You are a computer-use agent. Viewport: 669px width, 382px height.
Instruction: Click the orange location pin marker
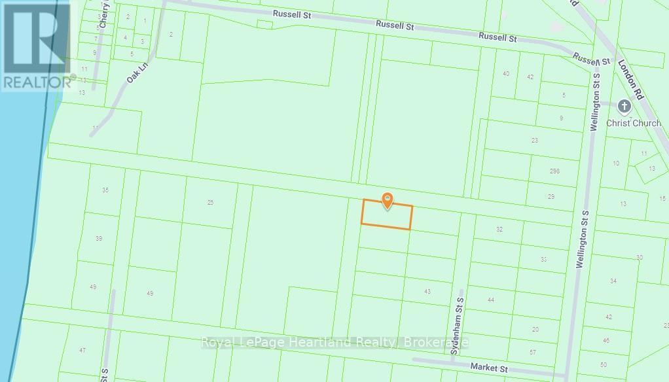coord(388,200)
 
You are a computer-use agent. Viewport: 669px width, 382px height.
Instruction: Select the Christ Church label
coord(633,123)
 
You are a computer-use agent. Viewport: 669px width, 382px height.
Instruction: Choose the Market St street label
coord(489,369)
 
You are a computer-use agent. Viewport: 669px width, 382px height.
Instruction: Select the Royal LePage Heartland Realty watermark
coord(334,342)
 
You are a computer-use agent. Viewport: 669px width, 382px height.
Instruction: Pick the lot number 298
coord(555,171)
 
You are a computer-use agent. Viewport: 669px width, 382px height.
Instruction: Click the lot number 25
coord(210,203)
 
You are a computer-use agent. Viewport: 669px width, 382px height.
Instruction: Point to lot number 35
coord(105,190)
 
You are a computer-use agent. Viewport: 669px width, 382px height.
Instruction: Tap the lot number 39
coord(99,239)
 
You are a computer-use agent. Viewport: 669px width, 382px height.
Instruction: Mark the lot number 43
coord(427,292)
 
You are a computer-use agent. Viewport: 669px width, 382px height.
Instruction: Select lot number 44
coord(490,300)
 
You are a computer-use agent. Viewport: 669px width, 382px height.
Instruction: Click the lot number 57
coord(533,353)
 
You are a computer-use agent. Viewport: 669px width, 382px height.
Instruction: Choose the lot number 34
coord(613,281)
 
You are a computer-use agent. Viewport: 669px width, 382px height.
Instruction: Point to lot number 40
coord(506,74)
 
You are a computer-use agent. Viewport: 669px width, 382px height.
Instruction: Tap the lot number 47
coord(82,351)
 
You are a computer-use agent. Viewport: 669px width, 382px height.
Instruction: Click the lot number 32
coord(499,229)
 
